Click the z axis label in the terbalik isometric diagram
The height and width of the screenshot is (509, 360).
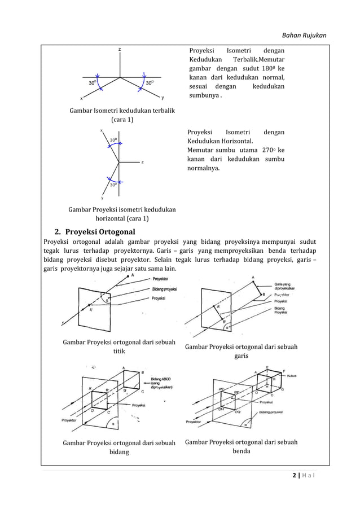coord(119,50)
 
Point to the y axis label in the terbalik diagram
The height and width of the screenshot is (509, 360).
coord(162,96)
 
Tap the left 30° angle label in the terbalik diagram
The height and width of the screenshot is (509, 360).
coord(92,83)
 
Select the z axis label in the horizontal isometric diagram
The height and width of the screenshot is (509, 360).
coord(142,162)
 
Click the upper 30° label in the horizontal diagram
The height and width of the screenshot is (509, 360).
coord(113,139)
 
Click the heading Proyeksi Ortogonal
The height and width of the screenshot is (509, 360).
coord(100,231)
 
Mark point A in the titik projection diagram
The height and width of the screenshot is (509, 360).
coord(133,275)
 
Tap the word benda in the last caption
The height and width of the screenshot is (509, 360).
coord(241,451)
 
